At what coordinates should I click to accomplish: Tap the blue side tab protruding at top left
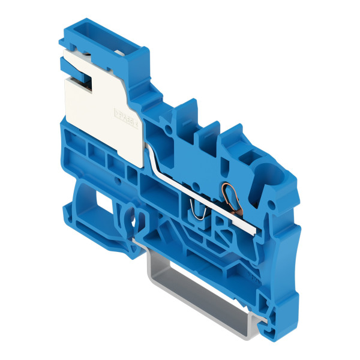64,40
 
